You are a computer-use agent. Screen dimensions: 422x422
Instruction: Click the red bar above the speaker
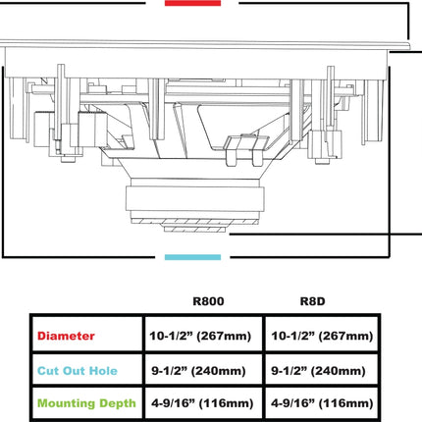(192, 3)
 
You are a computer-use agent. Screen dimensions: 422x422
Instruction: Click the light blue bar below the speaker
(192, 257)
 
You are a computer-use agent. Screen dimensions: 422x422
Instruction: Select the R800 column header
(208, 301)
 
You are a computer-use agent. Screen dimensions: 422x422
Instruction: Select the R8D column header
(313, 301)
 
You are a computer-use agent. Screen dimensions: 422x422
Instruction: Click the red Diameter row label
(66, 336)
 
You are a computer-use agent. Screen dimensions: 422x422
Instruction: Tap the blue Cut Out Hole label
(78, 371)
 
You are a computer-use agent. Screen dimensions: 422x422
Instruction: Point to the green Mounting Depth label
(86, 403)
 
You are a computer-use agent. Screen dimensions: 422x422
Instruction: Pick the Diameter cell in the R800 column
(200, 336)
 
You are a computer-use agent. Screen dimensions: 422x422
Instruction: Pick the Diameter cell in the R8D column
(322, 336)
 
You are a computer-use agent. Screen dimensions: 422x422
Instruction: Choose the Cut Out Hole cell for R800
(198, 371)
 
